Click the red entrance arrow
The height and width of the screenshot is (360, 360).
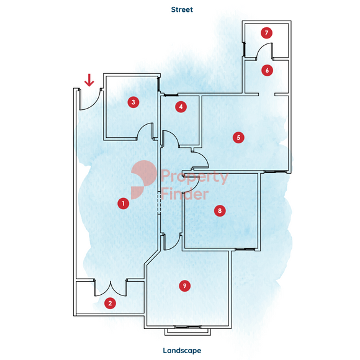pyautogui.click(x=89, y=80)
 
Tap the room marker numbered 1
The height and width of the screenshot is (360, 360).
pyautogui.click(x=124, y=204)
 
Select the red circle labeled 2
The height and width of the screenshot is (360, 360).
pyautogui.click(x=110, y=303)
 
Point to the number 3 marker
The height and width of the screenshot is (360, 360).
pyautogui.click(x=133, y=102)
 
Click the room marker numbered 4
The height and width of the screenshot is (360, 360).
pyautogui.click(x=181, y=107)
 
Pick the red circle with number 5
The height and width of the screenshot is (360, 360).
pyautogui.click(x=238, y=138)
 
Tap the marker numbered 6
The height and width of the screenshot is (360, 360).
pyautogui.click(x=267, y=70)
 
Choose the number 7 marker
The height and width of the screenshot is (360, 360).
pyautogui.click(x=266, y=33)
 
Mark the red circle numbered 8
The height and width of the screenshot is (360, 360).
pyautogui.click(x=220, y=211)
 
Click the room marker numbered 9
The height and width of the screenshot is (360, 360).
pyautogui.click(x=184, y=286)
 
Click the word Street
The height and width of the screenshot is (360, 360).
pyautogui.click(x=182, y=10)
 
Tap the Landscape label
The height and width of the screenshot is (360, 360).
pyautogui.click(x=182, y=351)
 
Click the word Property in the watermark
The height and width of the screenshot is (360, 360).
pyautogui.click(x=195, y=177)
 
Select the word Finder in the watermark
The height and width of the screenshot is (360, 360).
pyautogui.click(x=184, y=194)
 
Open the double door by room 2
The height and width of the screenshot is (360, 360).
pyautogui.click(x=110, y=288)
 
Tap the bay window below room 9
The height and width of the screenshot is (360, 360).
pyautogui.click(x=187, y=331)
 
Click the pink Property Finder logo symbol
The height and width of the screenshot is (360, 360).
pyautogui.click(x=143, y=179)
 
